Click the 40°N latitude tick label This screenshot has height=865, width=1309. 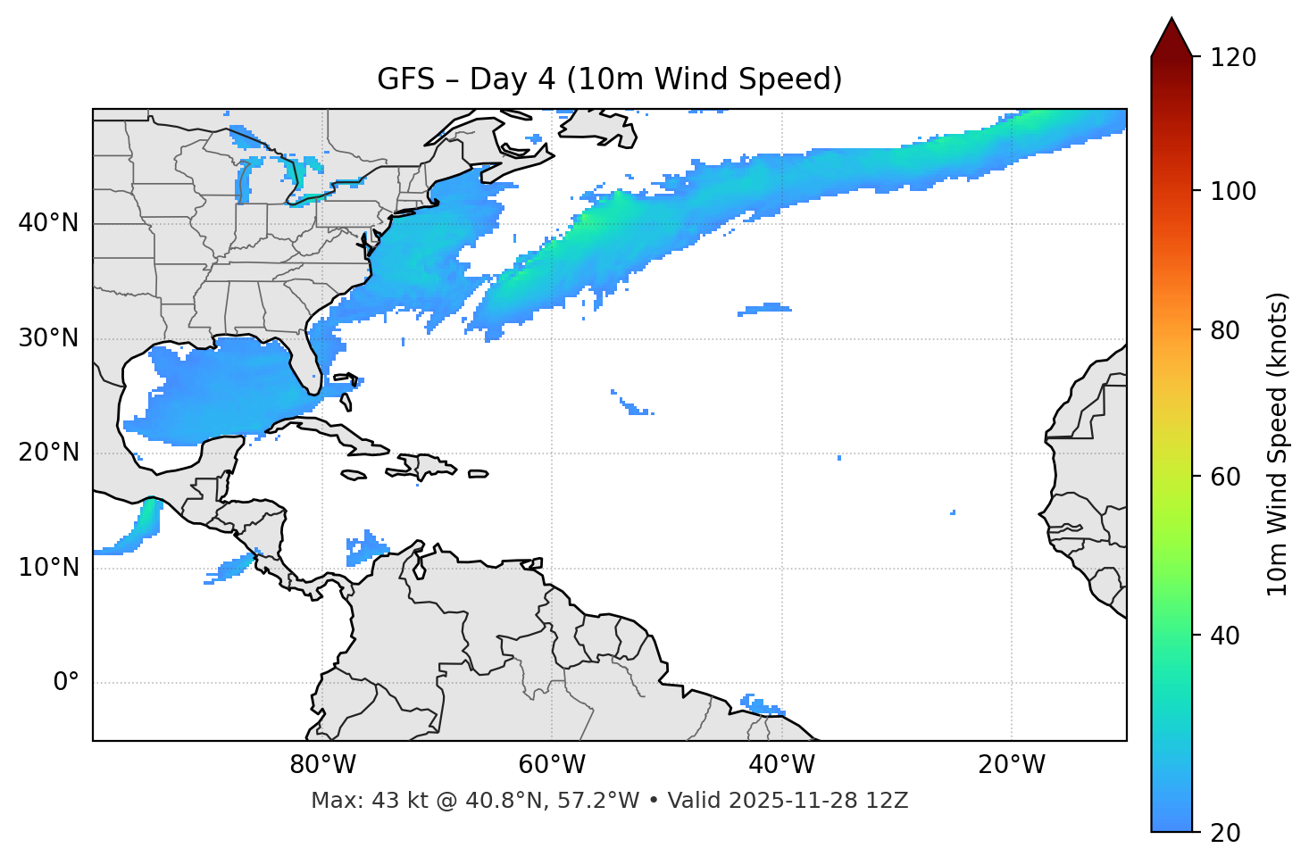[x=48, y=223]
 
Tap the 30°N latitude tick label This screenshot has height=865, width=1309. [x=48, y=338]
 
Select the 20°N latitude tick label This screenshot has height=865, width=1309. [x=48, y=453]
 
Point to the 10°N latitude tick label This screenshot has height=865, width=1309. [x=48, y=568]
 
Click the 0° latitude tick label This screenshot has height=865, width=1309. [x=66, y=683]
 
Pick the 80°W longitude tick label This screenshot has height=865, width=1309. [x=322, y=765]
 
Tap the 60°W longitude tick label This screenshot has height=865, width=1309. [x=552, y=765]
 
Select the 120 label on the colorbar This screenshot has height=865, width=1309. [x=1233, y=58]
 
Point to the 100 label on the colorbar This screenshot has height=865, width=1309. [x=1233, y=191]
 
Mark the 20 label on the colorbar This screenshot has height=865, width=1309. [x=1227, y=833]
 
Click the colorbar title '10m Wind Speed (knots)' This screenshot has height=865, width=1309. [x=1278, y=444]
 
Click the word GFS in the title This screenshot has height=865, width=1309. [x=405, y=79]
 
